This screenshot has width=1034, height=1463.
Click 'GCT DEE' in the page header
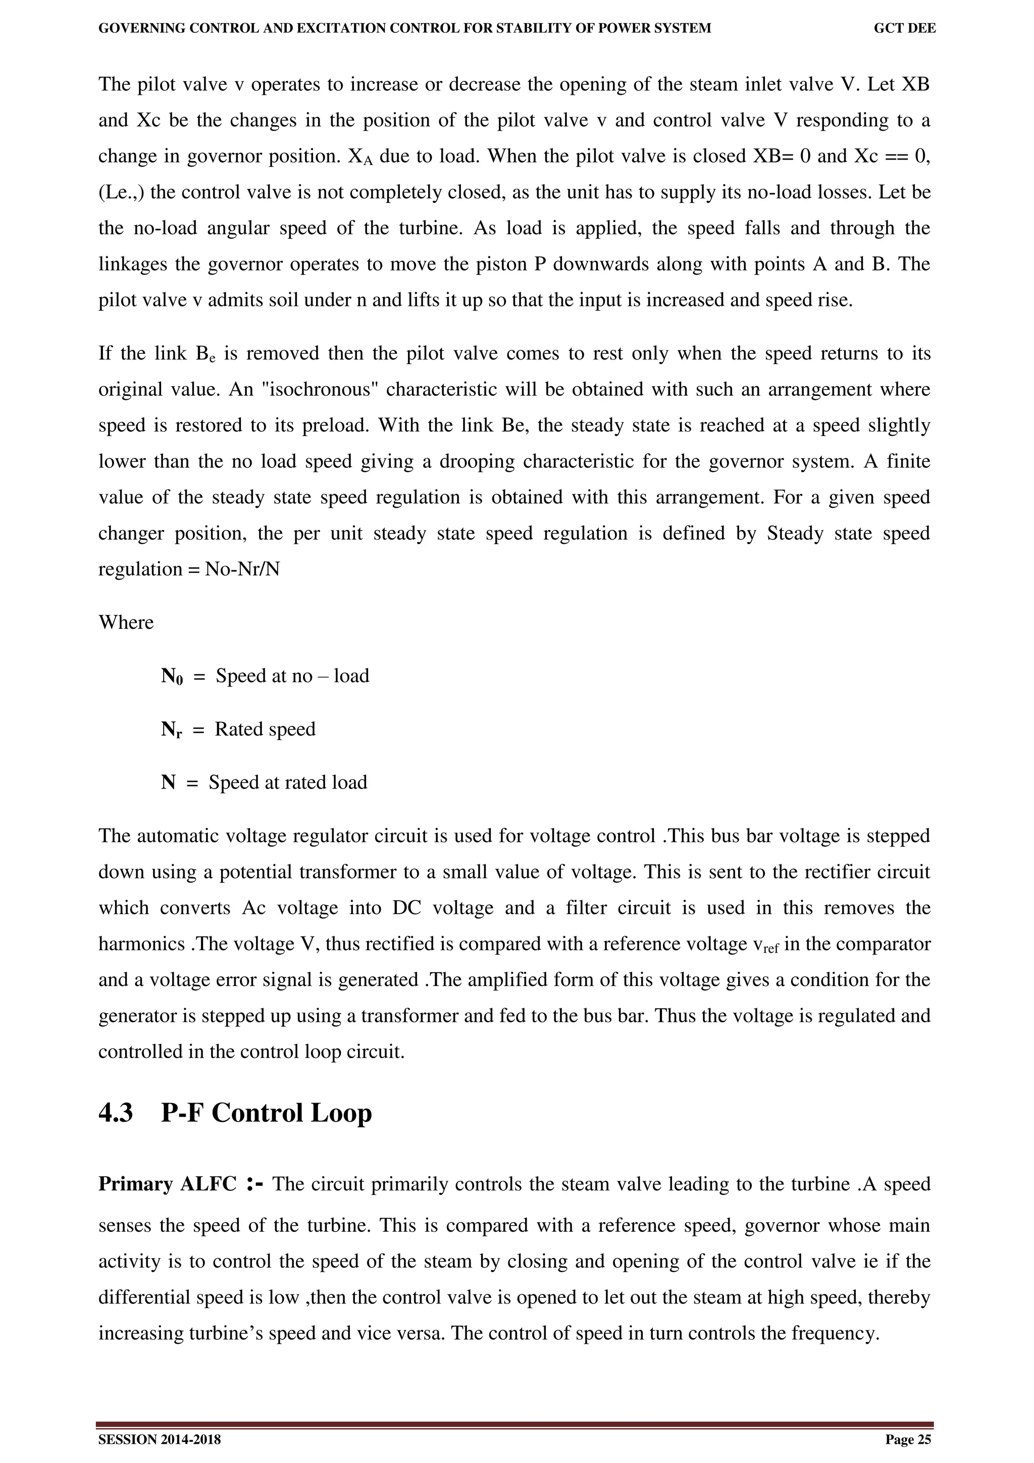click(x=904, y=28)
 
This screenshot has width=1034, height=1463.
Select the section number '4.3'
click(x=116, y=1130)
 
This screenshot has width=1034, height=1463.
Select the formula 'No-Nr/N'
click(x=242, y=569)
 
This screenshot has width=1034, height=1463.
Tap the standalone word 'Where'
click(x=126, y=622)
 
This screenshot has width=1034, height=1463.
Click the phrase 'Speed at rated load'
click(x=288, y=782)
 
